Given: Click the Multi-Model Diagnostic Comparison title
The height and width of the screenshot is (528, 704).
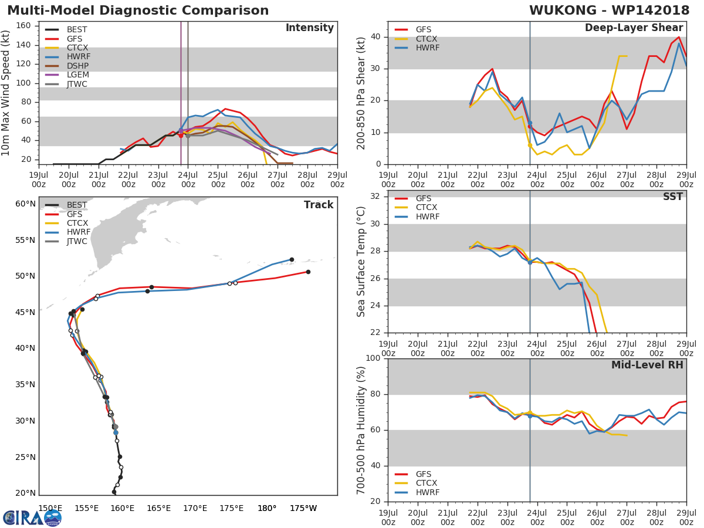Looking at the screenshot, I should (x=138, y=11).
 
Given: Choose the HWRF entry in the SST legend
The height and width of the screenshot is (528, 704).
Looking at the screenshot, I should (x=427, y=217).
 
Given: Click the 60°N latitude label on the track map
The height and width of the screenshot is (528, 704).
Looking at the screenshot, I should (x=25, y=204).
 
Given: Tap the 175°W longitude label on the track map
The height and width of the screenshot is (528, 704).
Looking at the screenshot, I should (x=303, y=509).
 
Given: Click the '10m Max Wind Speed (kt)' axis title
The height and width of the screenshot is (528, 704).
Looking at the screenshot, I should (x=6, y=93).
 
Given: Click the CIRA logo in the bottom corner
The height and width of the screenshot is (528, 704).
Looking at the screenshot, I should (x=32, y=517).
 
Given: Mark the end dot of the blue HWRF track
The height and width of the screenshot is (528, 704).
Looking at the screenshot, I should (x=292, y=259).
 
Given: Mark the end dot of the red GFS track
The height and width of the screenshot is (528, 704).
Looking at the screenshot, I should (x=308, y=272).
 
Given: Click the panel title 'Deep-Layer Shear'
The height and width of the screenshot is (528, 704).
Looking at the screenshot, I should (x=634, y=28).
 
